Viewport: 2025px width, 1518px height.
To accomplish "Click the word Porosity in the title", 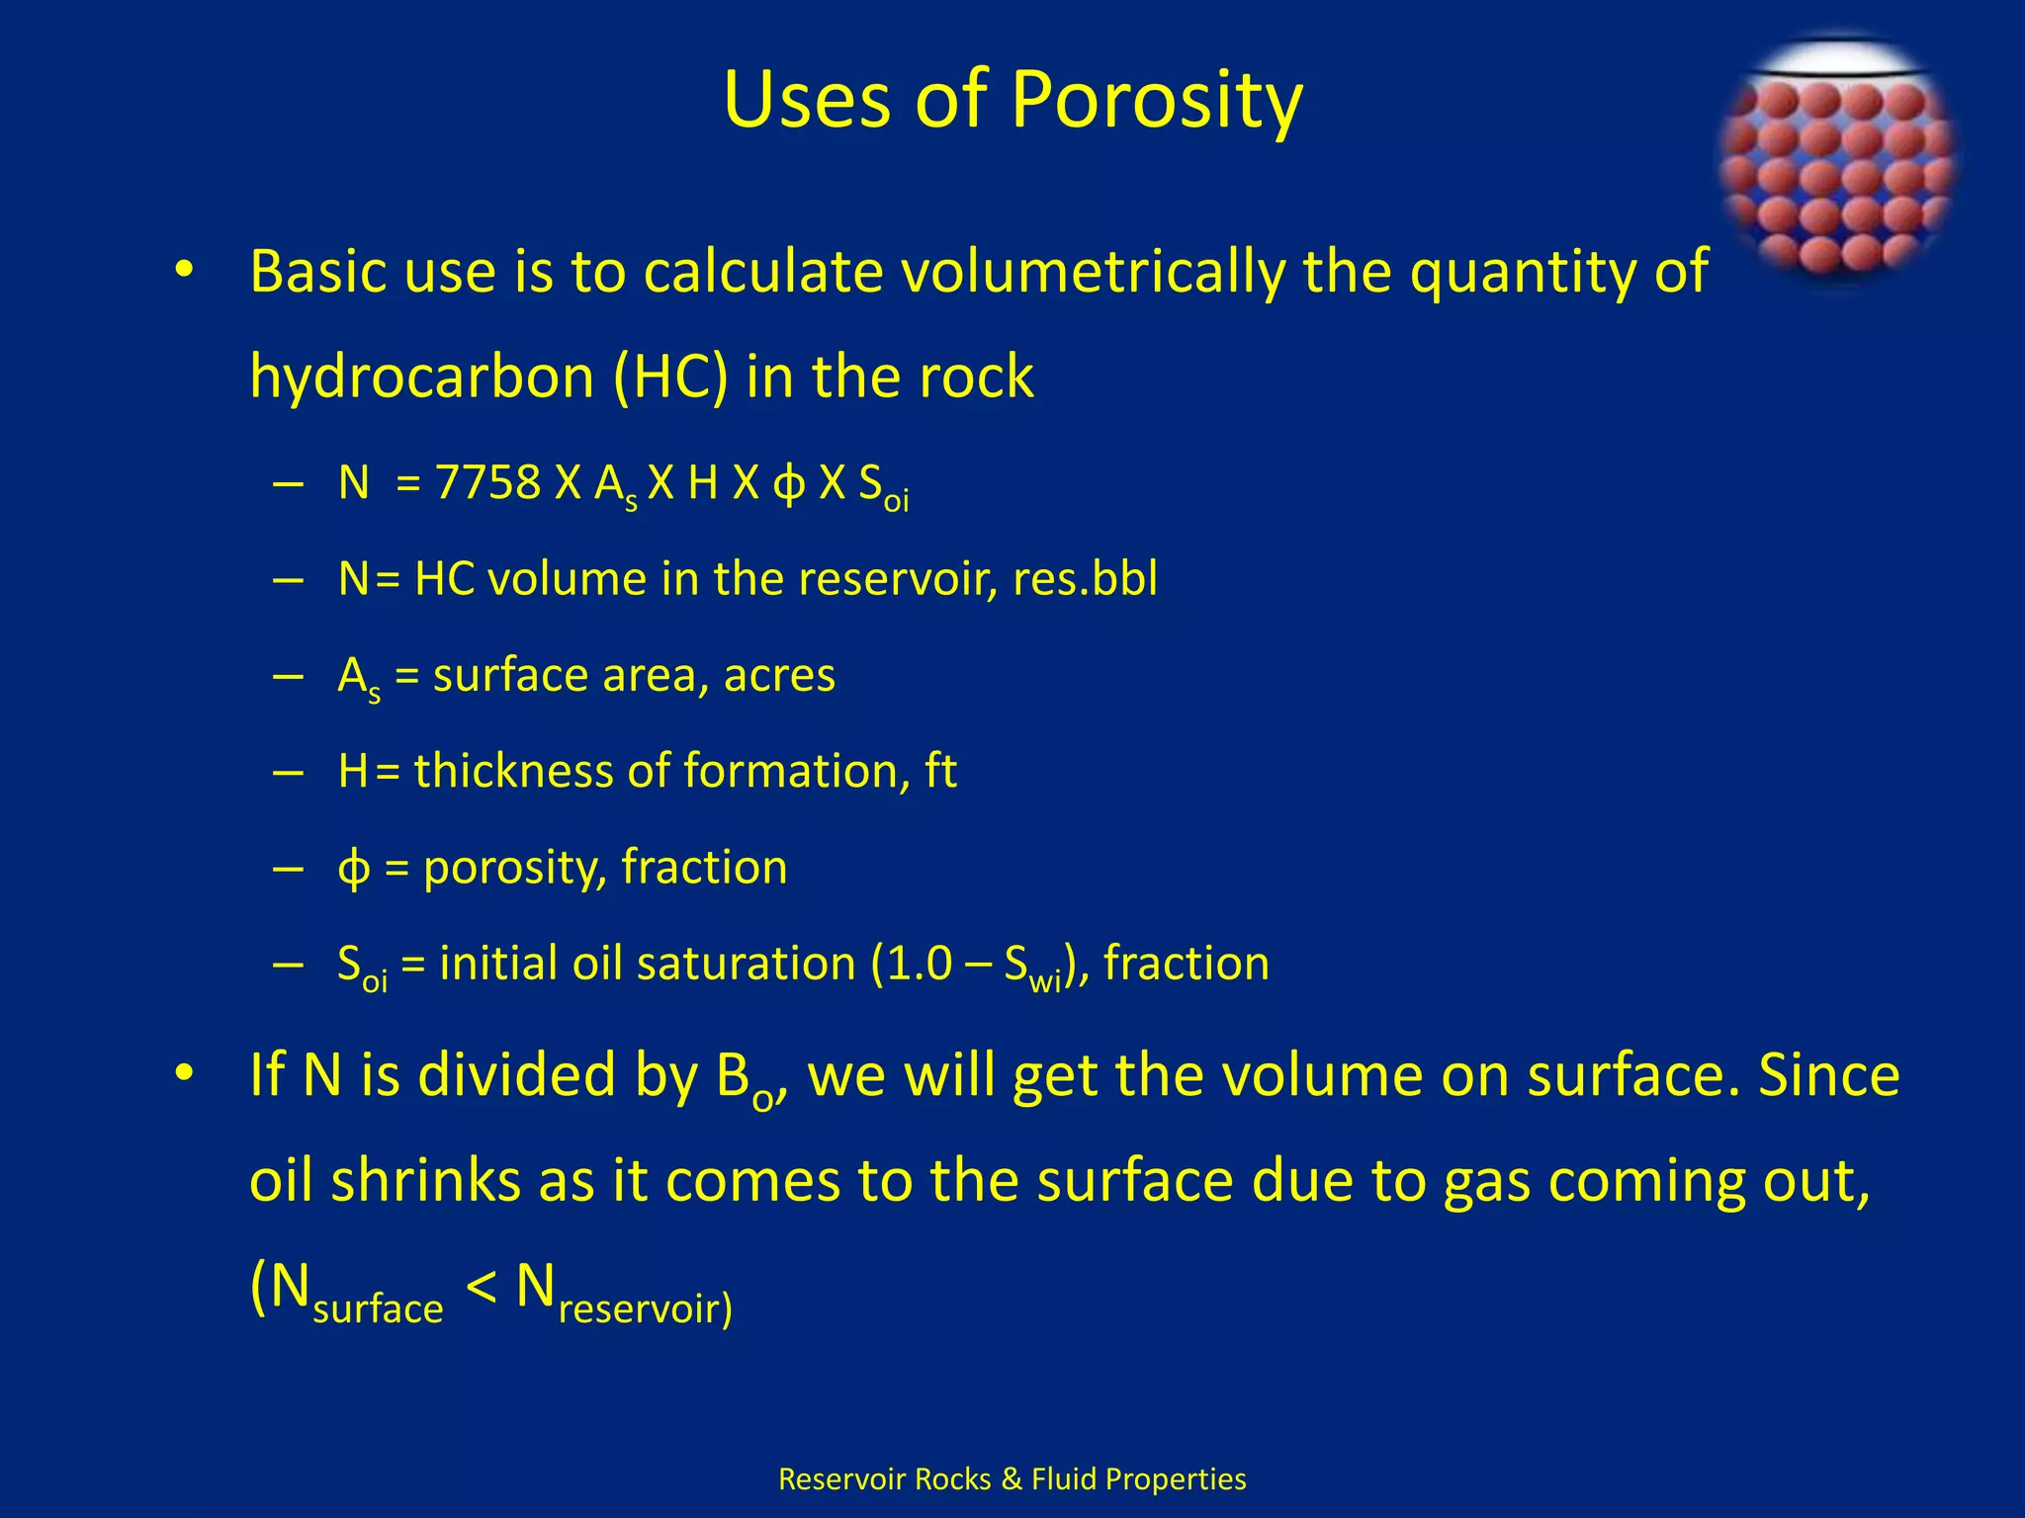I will point(1157,101).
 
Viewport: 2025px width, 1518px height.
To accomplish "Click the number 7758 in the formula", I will point(488,484).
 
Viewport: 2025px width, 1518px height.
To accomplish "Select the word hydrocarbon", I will point(420,377).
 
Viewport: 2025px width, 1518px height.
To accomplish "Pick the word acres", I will point(779,676).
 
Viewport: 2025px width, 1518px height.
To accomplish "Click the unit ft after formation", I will point(940,771).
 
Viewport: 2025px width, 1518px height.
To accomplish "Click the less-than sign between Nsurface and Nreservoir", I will point(481,1288).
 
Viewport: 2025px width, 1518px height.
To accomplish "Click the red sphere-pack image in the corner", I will point(1837,164).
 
